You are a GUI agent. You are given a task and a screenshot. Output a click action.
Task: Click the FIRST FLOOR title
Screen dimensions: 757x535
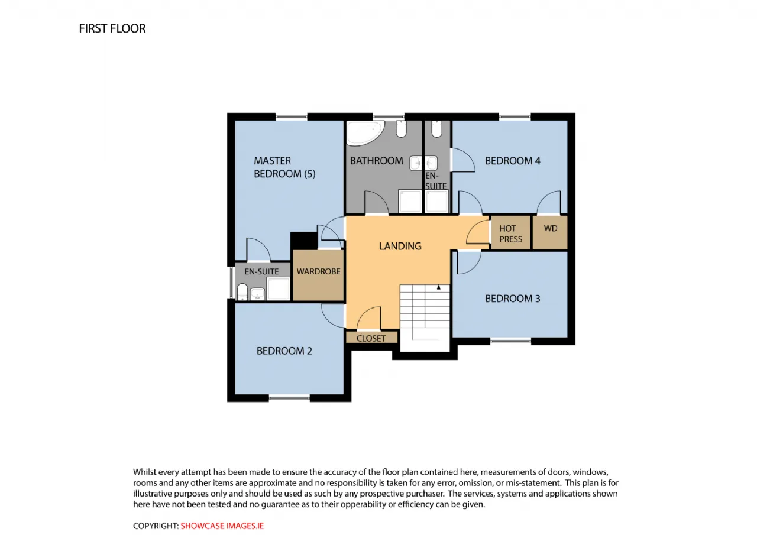[112, 29]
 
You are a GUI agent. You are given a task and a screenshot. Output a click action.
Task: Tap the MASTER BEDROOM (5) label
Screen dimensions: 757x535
[284, 167]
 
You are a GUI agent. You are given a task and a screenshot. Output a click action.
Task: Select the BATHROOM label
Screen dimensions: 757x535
[377, 161]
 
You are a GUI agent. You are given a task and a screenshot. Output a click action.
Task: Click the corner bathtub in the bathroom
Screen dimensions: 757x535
[365, 133]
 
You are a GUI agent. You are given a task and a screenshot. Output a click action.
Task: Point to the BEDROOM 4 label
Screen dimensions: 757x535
[512, 161]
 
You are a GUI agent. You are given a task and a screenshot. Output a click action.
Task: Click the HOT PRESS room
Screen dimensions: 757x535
[510, 233]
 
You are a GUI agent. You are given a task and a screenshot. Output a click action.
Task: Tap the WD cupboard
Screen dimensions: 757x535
[550, 233]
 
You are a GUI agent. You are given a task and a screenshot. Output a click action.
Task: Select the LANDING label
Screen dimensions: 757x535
[400, 247]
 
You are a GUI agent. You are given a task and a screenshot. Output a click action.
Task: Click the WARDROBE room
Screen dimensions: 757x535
[318, 275]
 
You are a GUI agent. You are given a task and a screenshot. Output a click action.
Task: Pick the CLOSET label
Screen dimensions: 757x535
[371, 338]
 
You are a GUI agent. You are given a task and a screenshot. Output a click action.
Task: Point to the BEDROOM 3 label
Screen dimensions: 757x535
[512, 299]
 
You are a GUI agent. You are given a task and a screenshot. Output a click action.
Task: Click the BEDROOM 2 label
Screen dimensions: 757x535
[284, 351]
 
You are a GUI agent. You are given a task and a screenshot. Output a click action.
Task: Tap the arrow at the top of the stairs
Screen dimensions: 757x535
[438, 287]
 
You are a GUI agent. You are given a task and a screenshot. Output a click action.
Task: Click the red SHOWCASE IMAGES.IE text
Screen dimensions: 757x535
[222, 526]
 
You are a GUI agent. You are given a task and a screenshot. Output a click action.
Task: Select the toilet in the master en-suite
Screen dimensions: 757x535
[242, 292]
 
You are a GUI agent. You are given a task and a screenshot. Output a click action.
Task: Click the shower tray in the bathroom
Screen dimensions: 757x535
[410, 202]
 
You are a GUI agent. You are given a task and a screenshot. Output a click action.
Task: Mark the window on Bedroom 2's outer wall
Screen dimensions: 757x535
[289, 398]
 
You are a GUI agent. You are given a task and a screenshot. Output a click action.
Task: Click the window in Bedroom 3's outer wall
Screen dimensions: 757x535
[510, 341]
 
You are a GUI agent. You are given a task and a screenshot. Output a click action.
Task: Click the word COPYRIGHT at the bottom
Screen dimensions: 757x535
[155, 526]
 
